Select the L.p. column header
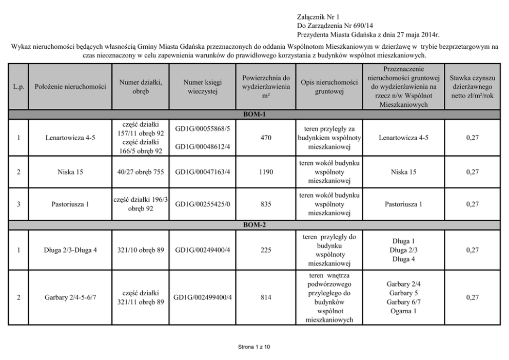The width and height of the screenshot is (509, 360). tap(18, 87)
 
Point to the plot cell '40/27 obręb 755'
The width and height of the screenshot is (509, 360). tap(140, 172)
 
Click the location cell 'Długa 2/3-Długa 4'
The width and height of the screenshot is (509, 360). tap(70, 250)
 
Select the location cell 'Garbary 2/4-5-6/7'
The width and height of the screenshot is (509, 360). tap(70, 297)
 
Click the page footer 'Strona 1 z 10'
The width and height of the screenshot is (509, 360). tap(254, 347)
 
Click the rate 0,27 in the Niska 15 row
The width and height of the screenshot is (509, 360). tap(472, 172)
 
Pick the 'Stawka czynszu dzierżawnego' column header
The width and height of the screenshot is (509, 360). tap(472, 87)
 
